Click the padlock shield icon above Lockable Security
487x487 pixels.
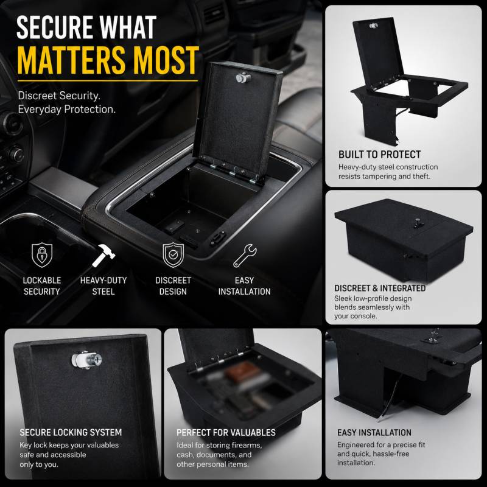(42, 255)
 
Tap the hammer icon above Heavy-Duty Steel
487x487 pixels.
(103, 255)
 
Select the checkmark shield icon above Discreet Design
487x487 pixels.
(173, 255)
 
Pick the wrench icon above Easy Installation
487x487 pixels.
(245, 256)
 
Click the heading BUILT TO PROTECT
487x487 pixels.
(379, 155)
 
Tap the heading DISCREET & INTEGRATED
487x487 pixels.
(380, 288)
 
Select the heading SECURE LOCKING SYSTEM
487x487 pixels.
(71, 432)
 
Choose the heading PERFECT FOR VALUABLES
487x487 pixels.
(226, 432)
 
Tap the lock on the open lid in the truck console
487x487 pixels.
(243, 78)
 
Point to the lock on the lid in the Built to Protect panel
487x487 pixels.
(374, 26)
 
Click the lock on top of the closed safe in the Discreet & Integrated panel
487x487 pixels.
(418, 223)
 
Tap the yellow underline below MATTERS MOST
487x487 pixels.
(108, 81)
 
